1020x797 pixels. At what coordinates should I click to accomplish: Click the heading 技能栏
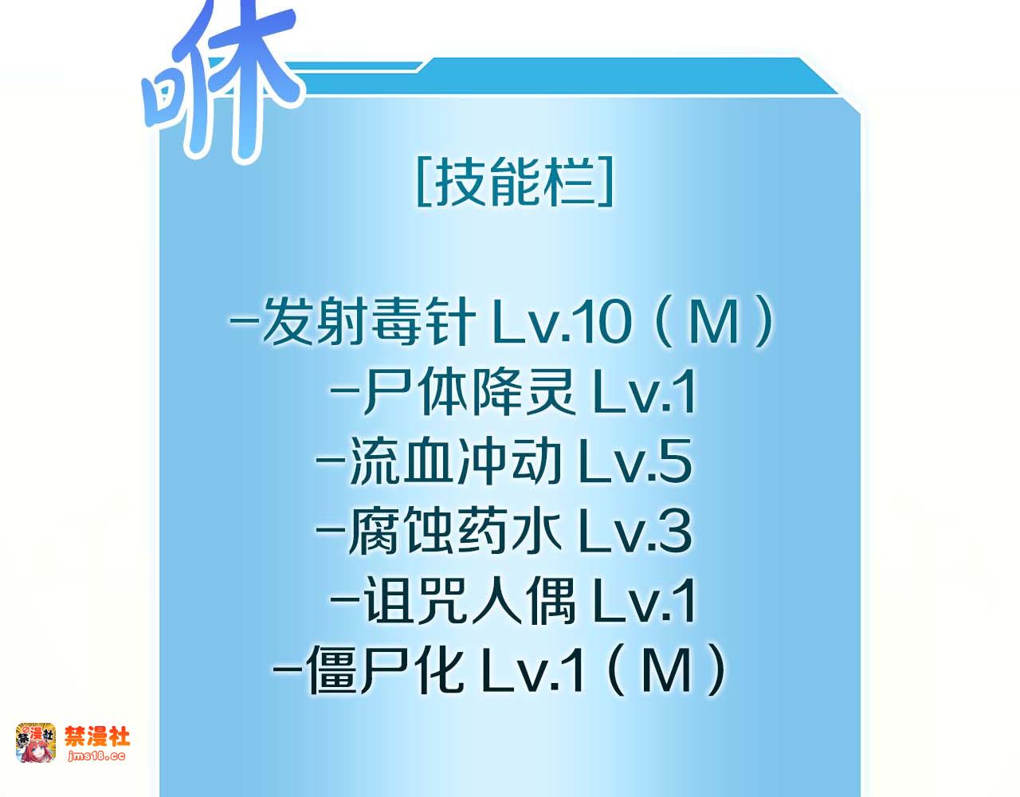pyautogui.click(x=515, y=182)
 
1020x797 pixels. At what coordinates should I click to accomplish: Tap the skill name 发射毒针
pyautogui.click(x=368, y=321)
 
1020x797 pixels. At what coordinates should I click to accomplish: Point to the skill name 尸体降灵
pyautogui.click(x=469, y=391)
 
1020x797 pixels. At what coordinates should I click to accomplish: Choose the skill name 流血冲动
pyautogui.click(x=455, y=461)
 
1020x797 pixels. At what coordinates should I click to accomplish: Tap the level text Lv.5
pyautogui.click(x=636, y=461)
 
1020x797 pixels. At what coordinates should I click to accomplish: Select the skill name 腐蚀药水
pyautogui.click(x=454, y=531)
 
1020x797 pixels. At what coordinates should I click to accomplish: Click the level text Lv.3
pyautogui.click(x=636, y=531)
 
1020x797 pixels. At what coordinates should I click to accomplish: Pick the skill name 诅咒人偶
pyautogui.click(x=469, y=601)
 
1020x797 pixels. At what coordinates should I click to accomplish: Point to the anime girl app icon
pyautogui.click(x=36, y=743)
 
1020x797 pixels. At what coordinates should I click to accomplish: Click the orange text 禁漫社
pyautogui.click(x=97, y=736)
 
